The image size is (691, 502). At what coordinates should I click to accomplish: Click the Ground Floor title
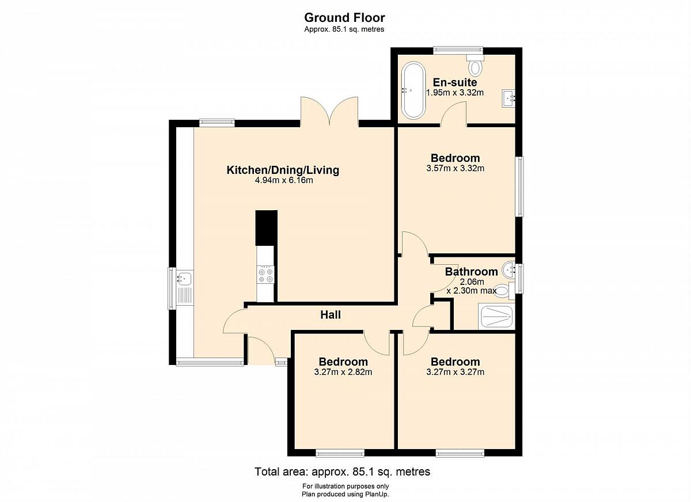[344, 18]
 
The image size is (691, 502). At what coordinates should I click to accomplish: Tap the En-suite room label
[455, 82]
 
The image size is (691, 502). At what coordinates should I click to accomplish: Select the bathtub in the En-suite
[413, 90]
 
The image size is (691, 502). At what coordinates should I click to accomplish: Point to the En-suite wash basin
[508, 98]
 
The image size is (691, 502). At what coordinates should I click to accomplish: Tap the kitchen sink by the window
[184, 278]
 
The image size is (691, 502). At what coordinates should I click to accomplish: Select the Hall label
[331, 314]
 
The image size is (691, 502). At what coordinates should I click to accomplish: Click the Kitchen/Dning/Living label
[283, 170]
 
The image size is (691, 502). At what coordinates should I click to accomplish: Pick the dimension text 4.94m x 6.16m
[284, 180]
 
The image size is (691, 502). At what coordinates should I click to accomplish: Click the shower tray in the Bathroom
[496, 317]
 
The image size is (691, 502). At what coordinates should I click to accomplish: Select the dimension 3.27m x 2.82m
[343, 372]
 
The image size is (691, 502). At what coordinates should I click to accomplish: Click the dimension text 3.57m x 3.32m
[455, 168]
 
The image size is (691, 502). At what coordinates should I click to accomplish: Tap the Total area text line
[342, 471]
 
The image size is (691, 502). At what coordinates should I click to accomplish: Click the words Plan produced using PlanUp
[345, 495]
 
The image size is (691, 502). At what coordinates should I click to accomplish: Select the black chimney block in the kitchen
[266, 228]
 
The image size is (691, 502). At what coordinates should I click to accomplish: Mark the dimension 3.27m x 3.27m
[455, 372]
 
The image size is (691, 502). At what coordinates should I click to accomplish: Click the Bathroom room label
[471, 272]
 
